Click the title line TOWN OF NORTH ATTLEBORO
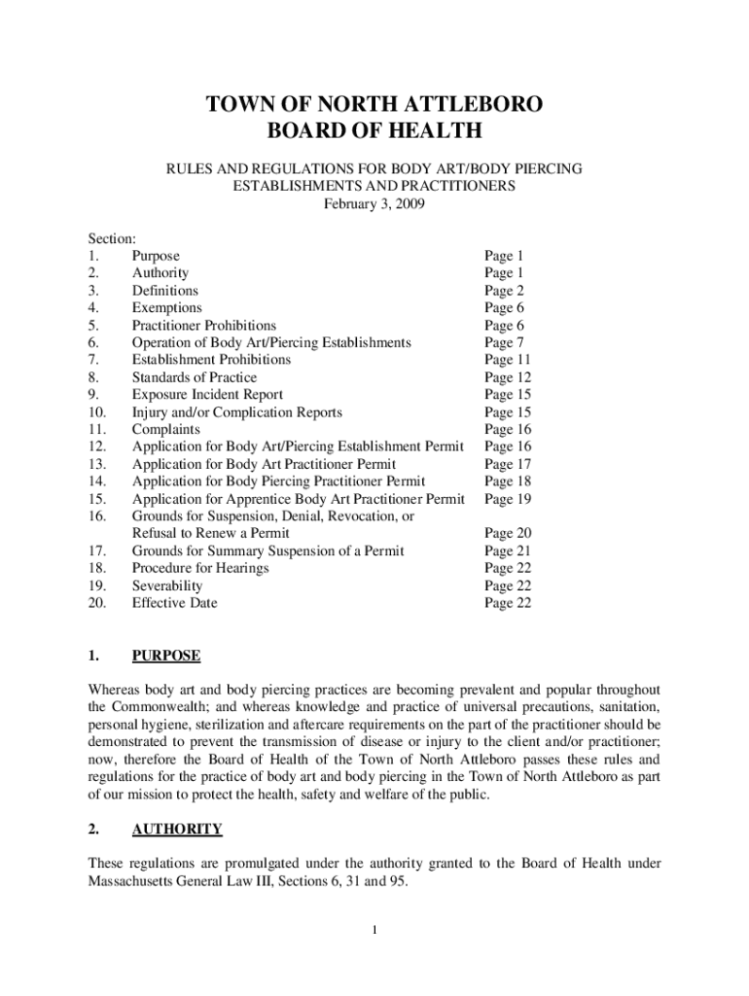(x=374, y=105)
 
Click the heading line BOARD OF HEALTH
(x=374, y=131)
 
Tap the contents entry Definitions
(x=164, y=291)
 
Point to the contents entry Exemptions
(x=167, y=308)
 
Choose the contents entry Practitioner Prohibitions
(x=204, y=326)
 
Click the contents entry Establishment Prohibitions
(x=211, y=360)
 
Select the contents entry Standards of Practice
(x=195, y=377)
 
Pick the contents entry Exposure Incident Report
(x=207, y=395)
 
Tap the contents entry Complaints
(x=166, y=429)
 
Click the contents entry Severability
(x=167, y=586)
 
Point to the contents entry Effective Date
(x=175, y=603)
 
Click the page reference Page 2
(x=504, y=291)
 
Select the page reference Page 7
(x=504, y=343)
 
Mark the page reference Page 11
(x=508, y=360)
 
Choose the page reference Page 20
(x=508, y=533)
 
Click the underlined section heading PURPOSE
(x=166, y=656)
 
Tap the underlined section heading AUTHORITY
(x=177, y=830)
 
